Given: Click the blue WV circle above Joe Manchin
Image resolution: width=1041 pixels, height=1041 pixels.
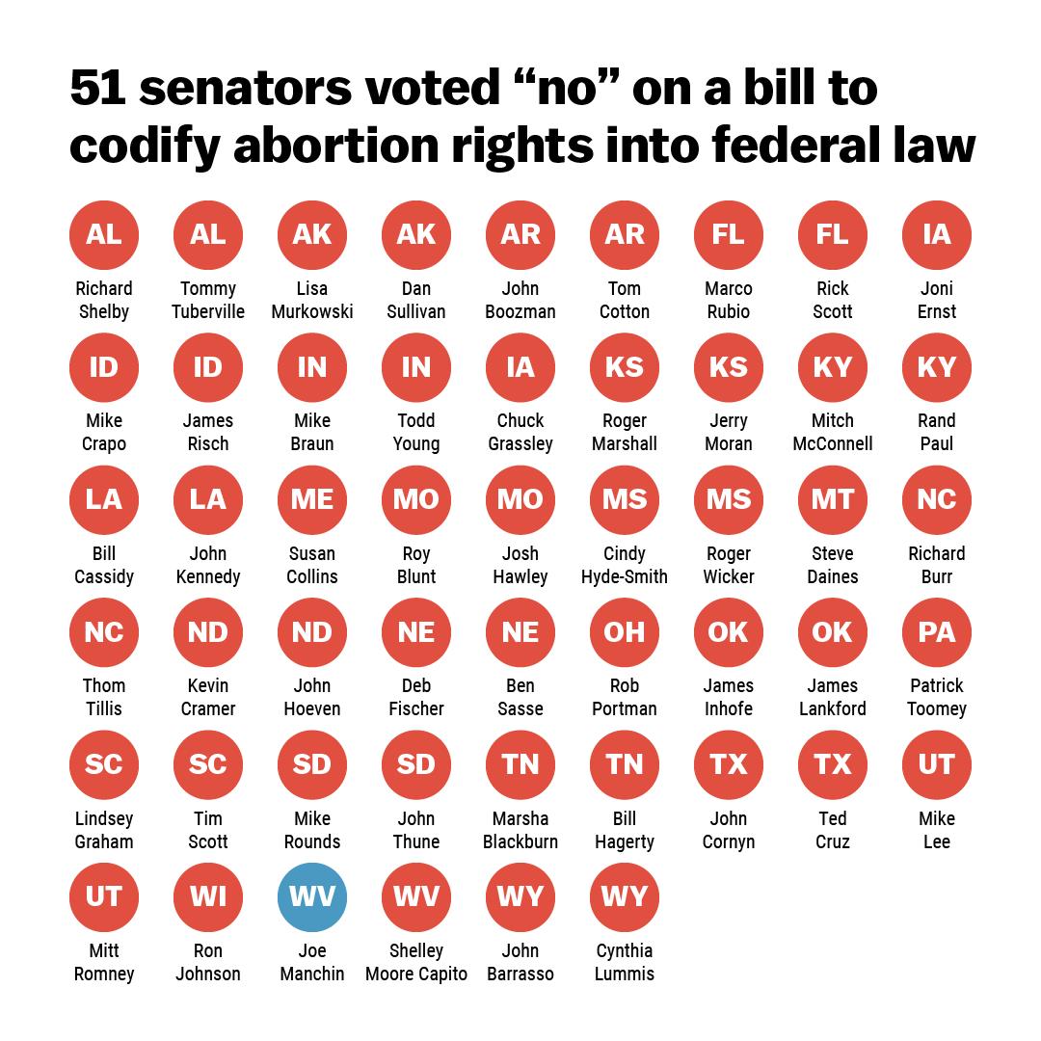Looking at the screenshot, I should [312, 897].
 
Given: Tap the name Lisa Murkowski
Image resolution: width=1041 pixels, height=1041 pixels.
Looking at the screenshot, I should [312, 300].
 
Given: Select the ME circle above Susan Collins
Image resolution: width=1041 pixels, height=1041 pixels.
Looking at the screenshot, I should [312, 499].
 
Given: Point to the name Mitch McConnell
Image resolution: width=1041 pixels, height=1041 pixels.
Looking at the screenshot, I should [833, 433].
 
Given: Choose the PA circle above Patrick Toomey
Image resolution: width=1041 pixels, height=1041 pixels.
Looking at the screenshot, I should [937, 632].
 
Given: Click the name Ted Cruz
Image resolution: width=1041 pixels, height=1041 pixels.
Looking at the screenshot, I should [833, 830].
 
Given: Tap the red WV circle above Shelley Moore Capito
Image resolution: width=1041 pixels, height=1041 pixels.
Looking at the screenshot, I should [416, 897].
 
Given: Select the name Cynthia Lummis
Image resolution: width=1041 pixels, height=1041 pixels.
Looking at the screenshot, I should [625, 962].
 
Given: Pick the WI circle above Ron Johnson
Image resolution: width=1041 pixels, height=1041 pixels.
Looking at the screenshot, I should [208, 897].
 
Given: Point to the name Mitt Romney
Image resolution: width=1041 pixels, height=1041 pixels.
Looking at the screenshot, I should [104, 962].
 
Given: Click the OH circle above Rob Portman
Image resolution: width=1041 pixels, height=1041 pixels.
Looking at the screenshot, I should [625, 632].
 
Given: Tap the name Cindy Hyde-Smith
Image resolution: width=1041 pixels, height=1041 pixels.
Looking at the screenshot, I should [625, 565].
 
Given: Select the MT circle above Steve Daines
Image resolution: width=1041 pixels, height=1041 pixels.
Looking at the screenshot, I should [833, 499].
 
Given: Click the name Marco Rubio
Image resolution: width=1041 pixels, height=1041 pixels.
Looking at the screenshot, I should [729, 300].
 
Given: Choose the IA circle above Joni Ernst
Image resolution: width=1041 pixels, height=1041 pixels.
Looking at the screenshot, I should [937, 234].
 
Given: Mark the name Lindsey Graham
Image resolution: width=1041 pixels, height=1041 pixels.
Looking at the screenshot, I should [104, 830].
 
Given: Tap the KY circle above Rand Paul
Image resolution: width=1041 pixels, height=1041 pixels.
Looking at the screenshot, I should [937, 367].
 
